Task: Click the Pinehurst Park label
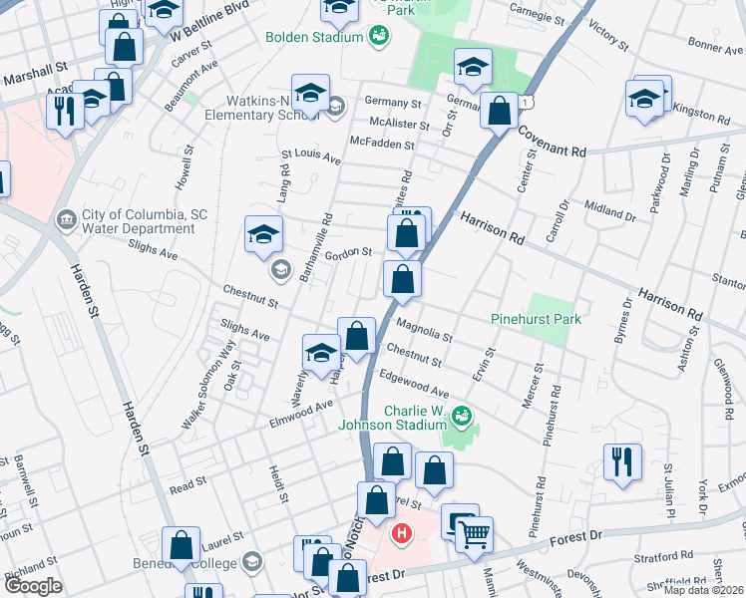(536, 319)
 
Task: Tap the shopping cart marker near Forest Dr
(475, 536)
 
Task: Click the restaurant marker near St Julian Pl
(622, 461)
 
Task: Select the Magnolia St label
(424, 331)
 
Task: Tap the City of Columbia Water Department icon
(67, 216)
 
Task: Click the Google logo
(33, 586)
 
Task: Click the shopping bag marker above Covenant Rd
(499, 110)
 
